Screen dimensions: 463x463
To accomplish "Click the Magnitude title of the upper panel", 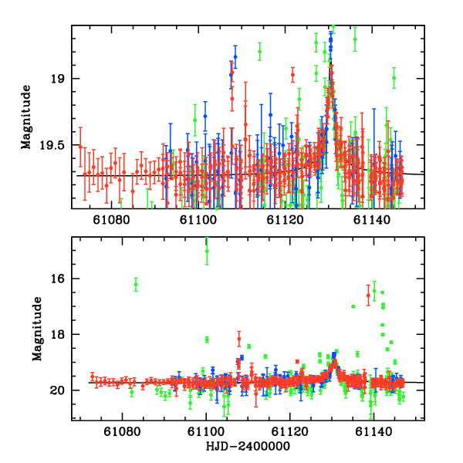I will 26,117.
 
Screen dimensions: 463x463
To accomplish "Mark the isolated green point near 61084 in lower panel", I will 136,284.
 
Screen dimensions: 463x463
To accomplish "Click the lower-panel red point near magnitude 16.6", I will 368,295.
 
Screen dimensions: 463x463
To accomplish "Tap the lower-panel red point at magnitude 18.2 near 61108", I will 239,339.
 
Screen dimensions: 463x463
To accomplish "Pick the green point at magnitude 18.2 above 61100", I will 207,340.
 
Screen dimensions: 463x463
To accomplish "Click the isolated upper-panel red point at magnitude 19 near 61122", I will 292,75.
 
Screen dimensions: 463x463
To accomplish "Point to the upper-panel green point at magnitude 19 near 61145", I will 394,78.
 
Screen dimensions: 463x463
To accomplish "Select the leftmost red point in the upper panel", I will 80,146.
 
